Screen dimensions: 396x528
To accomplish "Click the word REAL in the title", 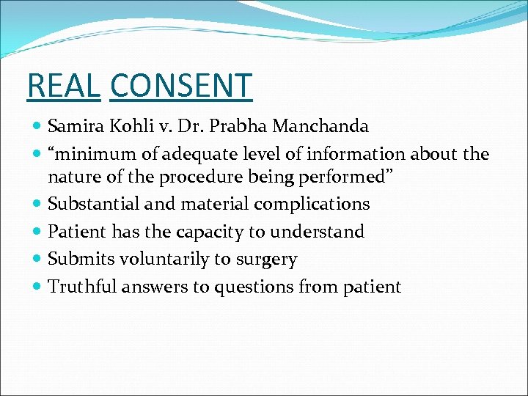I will pos(62,86).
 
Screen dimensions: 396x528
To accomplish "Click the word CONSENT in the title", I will pos(180,86).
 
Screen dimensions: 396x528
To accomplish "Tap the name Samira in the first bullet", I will pos(78,127).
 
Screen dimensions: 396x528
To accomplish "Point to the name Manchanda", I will pos(320,127).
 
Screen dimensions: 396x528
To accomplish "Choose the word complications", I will pos(318,204).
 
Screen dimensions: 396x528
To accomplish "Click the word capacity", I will pos(216,232).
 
